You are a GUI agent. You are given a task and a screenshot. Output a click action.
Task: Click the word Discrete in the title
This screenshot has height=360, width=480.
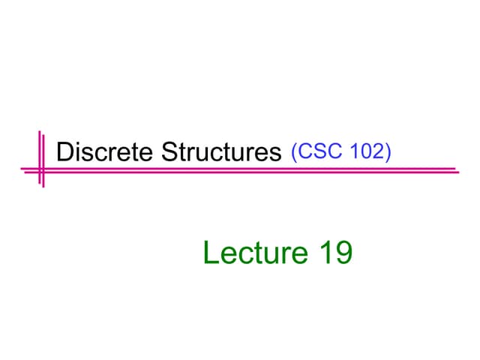105,151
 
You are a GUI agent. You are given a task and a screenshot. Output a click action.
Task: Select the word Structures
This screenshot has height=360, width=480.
221,151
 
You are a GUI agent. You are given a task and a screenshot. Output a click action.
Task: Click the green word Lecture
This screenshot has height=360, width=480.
256,253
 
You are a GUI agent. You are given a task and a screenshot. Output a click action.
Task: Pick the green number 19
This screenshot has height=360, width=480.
337,253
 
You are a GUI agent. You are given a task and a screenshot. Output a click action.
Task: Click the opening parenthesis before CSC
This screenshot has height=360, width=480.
294,152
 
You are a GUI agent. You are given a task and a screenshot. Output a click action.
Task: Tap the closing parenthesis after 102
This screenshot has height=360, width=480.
388,152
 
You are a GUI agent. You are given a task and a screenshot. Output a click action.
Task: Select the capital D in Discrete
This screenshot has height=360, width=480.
65,151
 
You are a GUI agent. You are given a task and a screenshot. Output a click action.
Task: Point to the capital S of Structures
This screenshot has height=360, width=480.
170,151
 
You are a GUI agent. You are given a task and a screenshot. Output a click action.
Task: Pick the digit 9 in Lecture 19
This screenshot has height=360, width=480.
343,253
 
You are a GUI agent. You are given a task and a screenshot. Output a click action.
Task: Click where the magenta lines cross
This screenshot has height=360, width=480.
42,170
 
